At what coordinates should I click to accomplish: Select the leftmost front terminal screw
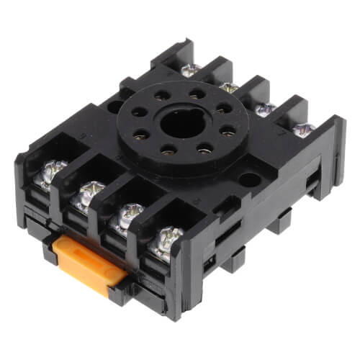point(50,174)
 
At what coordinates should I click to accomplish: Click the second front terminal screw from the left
point(89,194)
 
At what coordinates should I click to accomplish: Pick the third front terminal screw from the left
point(126,215)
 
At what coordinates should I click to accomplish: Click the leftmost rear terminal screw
point(190,70)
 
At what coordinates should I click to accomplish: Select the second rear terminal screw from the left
point(229,88)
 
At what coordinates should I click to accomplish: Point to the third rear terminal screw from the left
point(266,109)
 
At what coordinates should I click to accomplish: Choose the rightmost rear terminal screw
point(303,130)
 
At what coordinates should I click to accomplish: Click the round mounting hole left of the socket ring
point(114,107)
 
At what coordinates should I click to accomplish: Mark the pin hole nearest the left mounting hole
point(138,116)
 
